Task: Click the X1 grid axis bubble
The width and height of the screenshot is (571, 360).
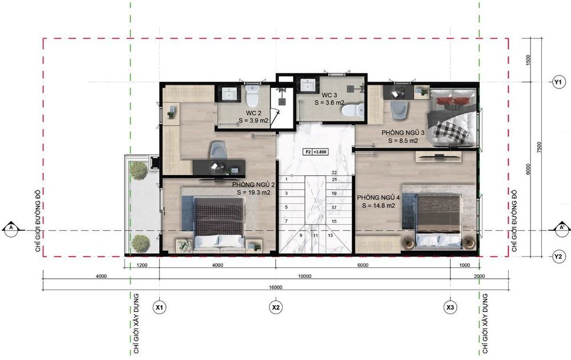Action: coord(159,307)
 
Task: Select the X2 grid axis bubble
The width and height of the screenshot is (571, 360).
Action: coord(276,307)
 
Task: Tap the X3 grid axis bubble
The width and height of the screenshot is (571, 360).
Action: coord(450,307)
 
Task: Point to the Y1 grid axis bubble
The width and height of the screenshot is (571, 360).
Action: coord(557,82)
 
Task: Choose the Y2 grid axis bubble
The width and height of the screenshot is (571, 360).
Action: coord(557,257)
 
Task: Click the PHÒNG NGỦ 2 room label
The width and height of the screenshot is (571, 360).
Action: coord(254,185)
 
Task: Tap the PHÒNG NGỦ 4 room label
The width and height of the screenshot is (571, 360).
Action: coord(379,198)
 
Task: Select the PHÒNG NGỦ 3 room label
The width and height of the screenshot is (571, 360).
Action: coord(403,133)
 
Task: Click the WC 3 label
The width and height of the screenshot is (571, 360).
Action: coord(329,95)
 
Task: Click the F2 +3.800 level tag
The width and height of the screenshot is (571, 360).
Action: coord(316,152)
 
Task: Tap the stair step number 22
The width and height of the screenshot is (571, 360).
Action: coord(334,173)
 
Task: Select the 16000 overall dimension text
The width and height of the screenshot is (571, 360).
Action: coord(276,287)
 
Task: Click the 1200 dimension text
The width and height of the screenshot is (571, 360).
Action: coord(142,265)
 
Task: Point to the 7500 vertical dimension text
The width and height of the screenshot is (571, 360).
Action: coord(540,147)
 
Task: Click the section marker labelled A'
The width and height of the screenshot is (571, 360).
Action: coord(561,229)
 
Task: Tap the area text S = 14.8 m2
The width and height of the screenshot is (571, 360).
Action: coord(379,206)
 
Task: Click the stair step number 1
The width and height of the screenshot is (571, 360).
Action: coord(287,179)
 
